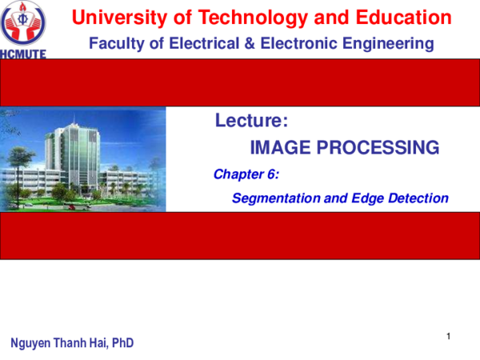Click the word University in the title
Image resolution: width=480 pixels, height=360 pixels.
[x=110, y=17]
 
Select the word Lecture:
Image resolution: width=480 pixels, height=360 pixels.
[x=251, y=122]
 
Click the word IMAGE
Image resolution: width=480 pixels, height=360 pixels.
[x=281, y=147]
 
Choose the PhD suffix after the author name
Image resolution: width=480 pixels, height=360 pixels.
[x=123, y=344]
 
